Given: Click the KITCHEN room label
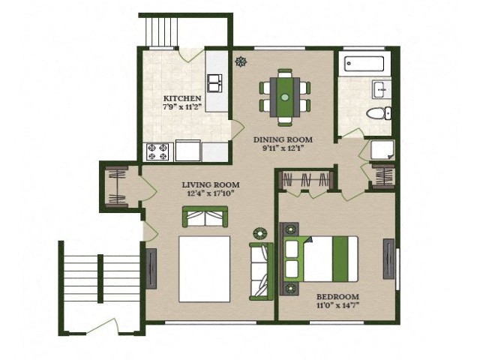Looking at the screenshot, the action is tap(182, 98).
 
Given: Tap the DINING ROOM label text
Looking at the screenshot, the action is tap(283, 140).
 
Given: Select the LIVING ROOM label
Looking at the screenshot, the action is tap(211, 185).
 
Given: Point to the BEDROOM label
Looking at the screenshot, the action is tap(337, 297).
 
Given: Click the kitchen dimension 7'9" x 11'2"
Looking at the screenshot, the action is tap(182, 107).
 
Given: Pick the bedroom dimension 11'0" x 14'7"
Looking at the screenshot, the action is tap(337, 305).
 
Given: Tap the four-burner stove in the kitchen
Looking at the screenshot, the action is tap(158, 151).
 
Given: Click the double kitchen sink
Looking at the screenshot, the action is tap(215, 83).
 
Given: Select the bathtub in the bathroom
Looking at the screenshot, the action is tap(364, 64).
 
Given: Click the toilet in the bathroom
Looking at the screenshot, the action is tap(379, 113).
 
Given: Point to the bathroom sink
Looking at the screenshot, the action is tap(382, 89).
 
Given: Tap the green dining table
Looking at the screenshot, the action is tap(285, 97).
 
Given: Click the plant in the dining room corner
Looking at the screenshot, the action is tap(241, 61).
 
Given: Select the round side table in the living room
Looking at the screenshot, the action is tap(260, 234).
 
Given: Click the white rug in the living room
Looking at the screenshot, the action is tap(205, 269).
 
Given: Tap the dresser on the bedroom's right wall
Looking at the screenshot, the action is tap(389, 259).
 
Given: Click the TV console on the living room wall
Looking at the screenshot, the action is tap(151, 268).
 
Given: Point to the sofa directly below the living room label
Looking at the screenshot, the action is tap(205, 217).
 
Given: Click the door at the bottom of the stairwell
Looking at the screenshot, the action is tap(102, 325).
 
